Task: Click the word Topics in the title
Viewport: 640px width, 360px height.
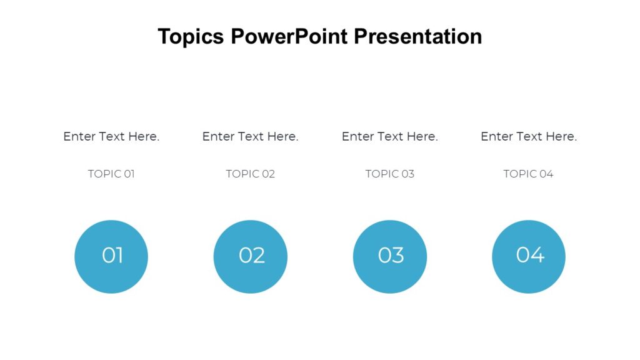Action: [191, 36]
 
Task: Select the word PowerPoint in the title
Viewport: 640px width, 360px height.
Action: [289, 36]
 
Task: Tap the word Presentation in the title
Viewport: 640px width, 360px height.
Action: [417, 36]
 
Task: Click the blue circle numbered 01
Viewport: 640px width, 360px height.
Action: [111, 256]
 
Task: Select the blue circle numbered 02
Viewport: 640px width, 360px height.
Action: [251, 256]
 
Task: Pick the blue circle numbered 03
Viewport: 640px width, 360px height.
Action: [390, 256]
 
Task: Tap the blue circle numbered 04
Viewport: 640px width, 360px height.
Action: [529, 256]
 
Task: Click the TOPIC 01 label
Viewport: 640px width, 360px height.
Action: [111, 174]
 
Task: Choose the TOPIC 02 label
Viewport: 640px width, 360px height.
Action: [251, 174]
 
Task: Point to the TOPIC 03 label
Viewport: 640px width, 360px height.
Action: [390, 174]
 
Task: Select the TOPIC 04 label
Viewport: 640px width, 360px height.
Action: [529, 174]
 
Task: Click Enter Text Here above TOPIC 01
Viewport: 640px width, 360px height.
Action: [111, 136]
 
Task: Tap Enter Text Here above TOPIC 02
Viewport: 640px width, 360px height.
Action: [251, 136]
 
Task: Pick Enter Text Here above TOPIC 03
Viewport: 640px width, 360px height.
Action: [390, 136]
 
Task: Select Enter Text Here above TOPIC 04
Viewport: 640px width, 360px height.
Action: [529, 136]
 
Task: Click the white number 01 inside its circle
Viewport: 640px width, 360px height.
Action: [112, 255]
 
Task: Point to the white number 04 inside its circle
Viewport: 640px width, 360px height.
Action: [530, 254]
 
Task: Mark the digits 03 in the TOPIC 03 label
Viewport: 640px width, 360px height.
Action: [407, 174]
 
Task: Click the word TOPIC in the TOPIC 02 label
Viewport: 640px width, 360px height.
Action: [241, 174]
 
